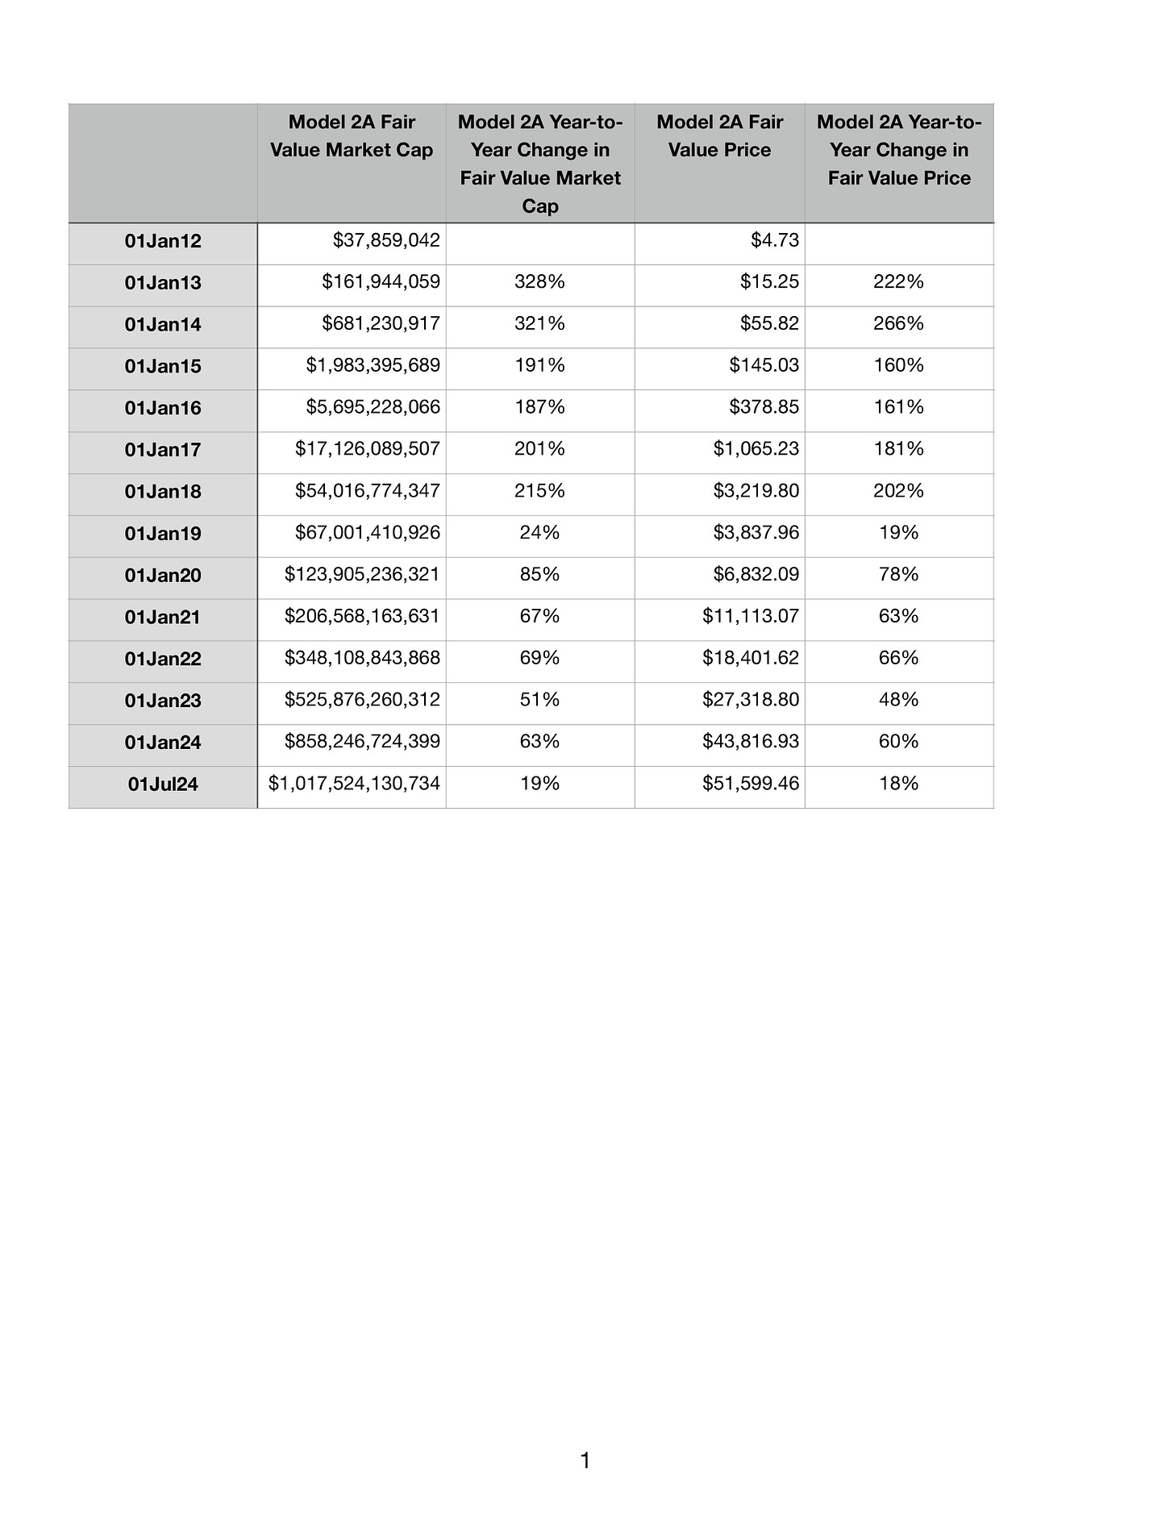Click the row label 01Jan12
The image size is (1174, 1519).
(x=163, y=241)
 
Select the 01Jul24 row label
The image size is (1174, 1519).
(x=163, y=784)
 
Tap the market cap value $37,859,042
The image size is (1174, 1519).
(x=386, y=240)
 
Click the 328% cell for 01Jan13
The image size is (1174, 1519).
(x=539, y=282)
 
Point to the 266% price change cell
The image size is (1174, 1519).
(x=898, y=324)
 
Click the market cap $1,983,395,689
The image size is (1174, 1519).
(x=373, y=365)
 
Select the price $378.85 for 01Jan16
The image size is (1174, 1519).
(x=764, y=407)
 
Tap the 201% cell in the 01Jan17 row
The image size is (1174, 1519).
(x=539, y=449)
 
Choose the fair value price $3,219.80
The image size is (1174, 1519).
(x=756, y=491)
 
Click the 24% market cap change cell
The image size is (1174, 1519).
(x=539, y=533)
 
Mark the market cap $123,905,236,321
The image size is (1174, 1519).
(x=362, y=575)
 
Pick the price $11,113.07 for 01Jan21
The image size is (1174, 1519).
(x=751, y=617)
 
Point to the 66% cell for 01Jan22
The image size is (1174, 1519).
(x=898, y=659)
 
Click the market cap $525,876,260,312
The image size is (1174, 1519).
(x=362, y=700)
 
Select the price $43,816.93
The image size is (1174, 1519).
(x=751, y=742)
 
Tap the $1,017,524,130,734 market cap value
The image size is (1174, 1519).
(x=354, y=784)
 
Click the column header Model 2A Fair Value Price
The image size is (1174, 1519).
(x=719, y=136)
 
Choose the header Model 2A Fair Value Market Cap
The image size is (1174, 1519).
(x=352, y=136)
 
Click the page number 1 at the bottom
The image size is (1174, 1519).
(x=585, y=1460)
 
